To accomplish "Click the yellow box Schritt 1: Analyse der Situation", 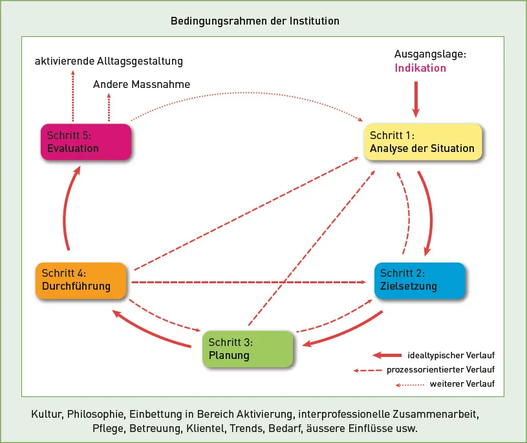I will [422, 142].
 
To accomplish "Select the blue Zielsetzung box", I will [419, 280].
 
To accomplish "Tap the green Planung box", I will [248, 349].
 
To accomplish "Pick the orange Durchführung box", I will [80, 280].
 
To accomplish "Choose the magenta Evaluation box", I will [85, 142].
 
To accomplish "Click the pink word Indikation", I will [420, 68].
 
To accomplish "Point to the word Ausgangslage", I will [429, 54].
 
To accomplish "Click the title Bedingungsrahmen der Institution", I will [255, 21].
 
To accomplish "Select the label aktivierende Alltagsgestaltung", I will [109, 61].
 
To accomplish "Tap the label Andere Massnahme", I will [142, 85].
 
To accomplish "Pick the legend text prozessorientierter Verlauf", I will [441, 370].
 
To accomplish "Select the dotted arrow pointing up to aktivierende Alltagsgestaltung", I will [73, 97].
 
